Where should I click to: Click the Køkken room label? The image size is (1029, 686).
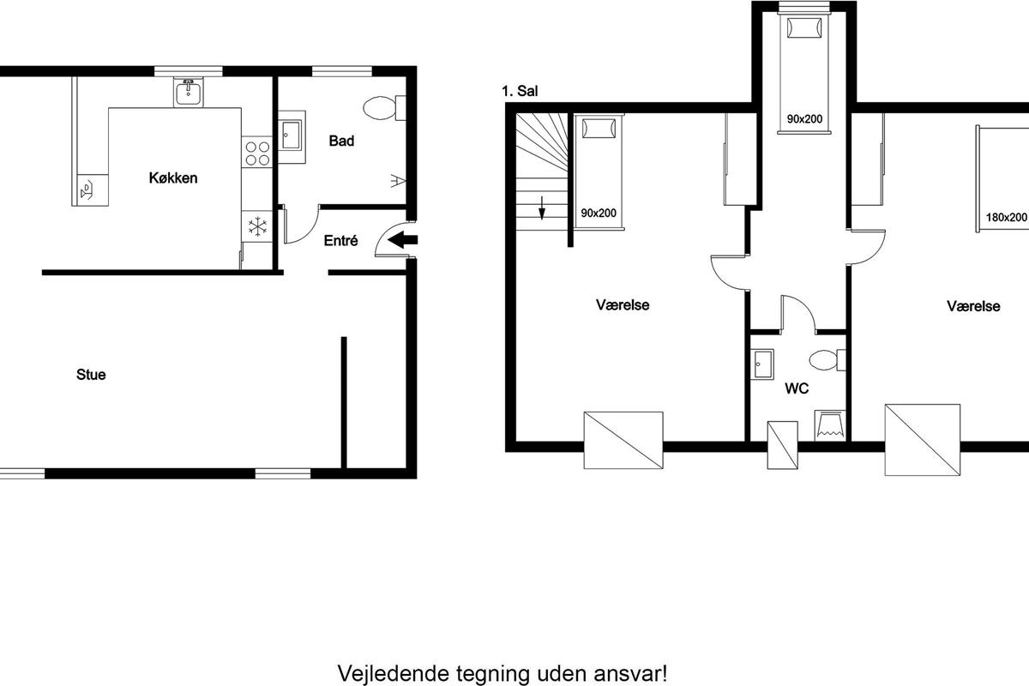(x=173, y=178)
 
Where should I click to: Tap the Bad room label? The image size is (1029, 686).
(x=341, y=141)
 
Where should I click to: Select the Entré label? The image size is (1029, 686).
(x=340, y=240)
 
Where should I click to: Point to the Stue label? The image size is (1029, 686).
(x=91, y=375)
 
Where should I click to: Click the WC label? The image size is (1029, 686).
(x=797, y=388)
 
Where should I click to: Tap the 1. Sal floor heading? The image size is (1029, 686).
(x=520, y=91)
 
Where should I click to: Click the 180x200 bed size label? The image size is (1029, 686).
(x=1006, y=217)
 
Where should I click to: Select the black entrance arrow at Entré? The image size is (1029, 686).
(x=402, y=239)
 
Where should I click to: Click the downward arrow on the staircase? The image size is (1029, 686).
(x=542, y=208)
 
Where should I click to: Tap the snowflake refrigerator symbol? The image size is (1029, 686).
(x=257, y=226)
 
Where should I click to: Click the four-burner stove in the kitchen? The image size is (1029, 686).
(x=257, y=153)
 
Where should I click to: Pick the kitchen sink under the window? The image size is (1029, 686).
(x=189, y=93)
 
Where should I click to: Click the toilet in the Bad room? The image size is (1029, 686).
(x=384, y=108)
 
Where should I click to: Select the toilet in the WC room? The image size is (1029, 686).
(x=827, y=360)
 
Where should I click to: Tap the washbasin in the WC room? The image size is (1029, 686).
(x=762, y=364)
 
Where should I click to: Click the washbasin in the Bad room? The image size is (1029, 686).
(x=292, y=136)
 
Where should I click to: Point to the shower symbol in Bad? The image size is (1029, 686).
(x=398, y=181)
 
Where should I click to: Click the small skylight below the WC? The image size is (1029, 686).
(x=782, y=445)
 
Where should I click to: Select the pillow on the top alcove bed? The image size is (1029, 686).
(x=804, y=28)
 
